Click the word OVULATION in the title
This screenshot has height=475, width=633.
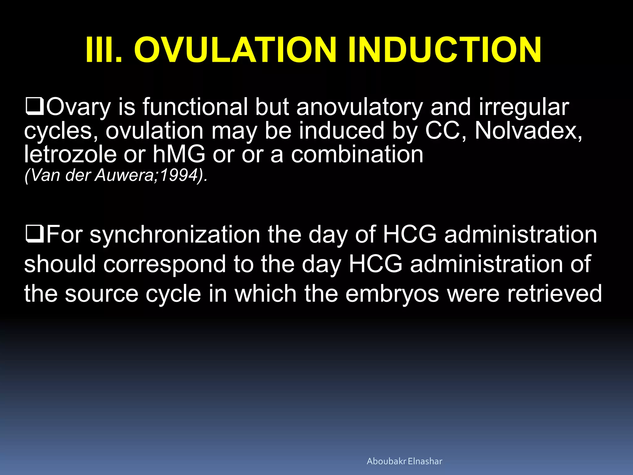(x=235, y=50)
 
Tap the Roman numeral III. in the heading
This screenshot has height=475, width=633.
(x=104, y=50)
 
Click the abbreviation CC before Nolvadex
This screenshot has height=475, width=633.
(x=446, y=131)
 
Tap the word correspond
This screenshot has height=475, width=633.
(x=164, y=264)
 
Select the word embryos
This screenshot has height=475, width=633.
(x=392, y=294)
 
